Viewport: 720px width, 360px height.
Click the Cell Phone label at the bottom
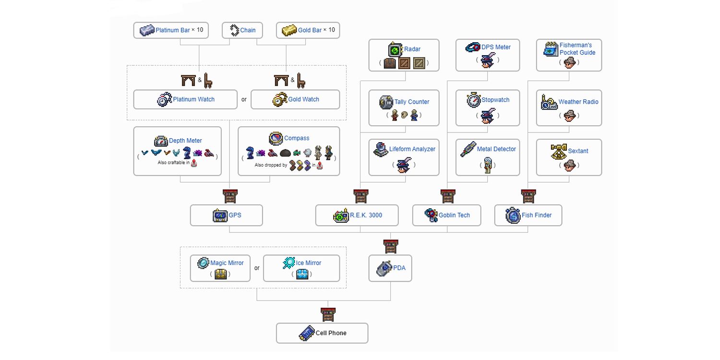(331, 333)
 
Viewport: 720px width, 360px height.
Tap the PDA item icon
(385, 268)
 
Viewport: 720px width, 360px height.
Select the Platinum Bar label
(173, 30)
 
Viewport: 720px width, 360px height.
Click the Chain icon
(234, 30)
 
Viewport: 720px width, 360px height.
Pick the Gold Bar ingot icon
(289, 30)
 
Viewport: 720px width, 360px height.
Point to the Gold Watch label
(304, 99)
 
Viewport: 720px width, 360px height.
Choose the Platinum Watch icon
(165, 99)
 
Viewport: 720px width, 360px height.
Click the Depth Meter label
(185, 141)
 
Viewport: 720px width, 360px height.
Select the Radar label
(412, 49)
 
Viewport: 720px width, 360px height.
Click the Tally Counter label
(412, 102)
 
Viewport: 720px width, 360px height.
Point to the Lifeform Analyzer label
(412, 149)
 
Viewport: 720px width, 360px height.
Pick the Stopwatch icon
(474, 100)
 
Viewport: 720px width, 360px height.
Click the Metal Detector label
(496, 149)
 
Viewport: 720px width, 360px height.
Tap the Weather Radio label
(578, 102)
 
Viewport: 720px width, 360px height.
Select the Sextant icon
(559, 151)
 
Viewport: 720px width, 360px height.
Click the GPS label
(235, 216)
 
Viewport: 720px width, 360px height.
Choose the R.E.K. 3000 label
(366, 216)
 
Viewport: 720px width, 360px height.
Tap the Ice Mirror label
(309, 263)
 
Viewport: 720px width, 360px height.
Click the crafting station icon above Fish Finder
(528, 196)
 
